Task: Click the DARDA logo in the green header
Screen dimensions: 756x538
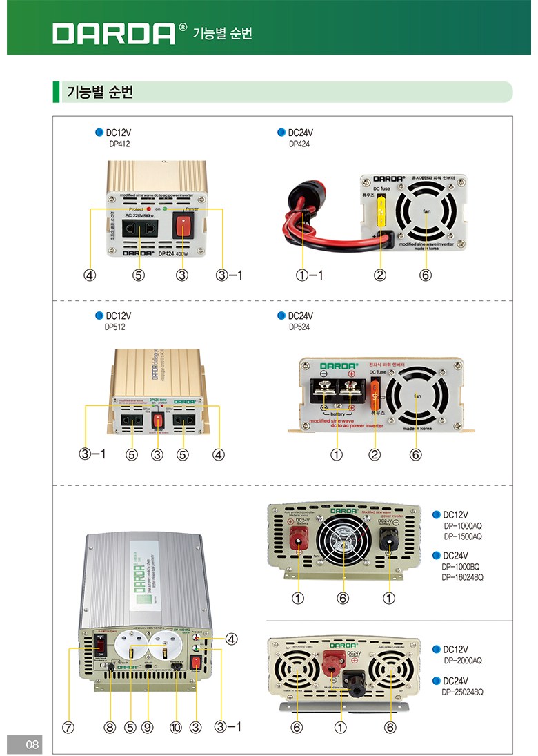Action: click(114, 32)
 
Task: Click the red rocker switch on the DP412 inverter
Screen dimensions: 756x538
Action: click(181, 226)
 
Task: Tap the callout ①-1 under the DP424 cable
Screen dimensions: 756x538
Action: click(310, 275)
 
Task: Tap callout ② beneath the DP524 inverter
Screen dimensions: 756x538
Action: click(375, 454)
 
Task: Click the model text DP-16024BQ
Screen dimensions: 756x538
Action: click(463, 576)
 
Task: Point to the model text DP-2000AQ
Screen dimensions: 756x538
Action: click(463, 661)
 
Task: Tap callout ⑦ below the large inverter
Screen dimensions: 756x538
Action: click(68, 726)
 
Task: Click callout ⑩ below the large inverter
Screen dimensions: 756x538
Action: click(177, 726)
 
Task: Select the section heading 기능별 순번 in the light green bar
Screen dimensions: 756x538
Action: click(99, 92)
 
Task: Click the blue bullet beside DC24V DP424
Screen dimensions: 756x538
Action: click(281, 133)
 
